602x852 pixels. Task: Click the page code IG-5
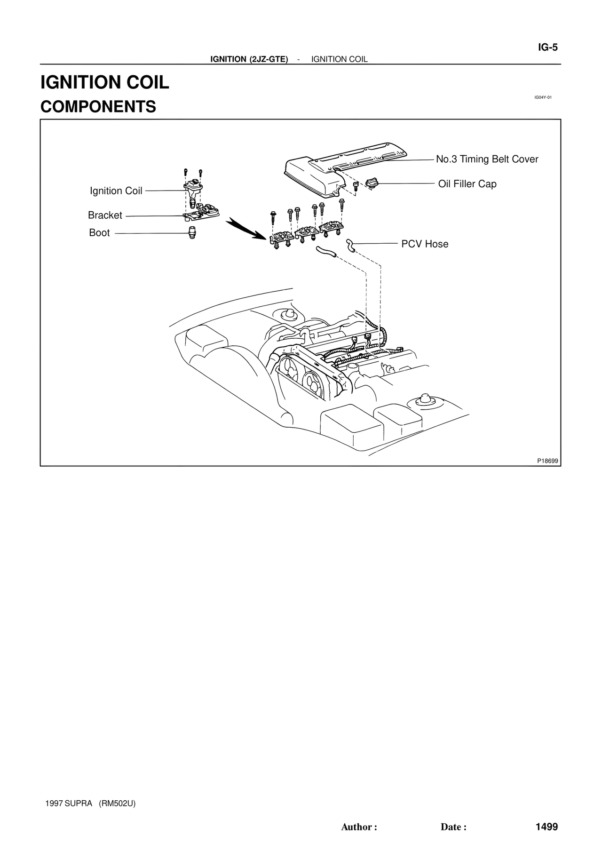[547, 48]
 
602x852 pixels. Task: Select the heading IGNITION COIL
[105, 82]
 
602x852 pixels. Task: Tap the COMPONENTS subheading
[98, 107]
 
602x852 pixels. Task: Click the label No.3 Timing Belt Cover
[487, 159]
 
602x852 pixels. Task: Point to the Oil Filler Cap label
[467, 184]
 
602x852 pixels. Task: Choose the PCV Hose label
[425, 244]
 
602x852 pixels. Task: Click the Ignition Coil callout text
[116, 191]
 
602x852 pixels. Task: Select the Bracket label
[105, 215]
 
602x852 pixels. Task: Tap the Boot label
[99, 232]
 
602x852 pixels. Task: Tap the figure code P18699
[547, 461]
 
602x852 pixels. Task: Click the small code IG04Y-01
[542, 97]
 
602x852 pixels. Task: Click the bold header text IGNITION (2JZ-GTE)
[249, 59]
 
